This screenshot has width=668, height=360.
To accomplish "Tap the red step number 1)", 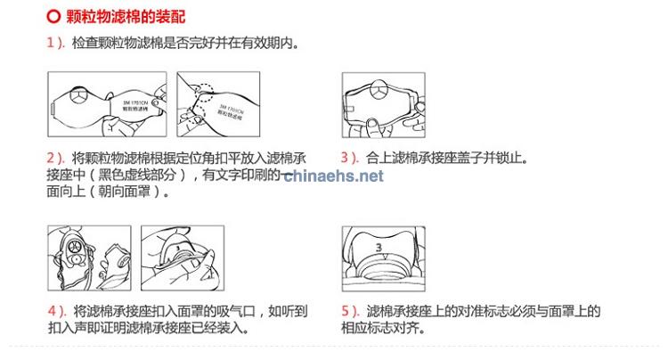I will (55, 43).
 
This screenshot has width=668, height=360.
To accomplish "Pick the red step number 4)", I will (55, 312).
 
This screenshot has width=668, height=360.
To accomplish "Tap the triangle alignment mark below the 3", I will (379, 258).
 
